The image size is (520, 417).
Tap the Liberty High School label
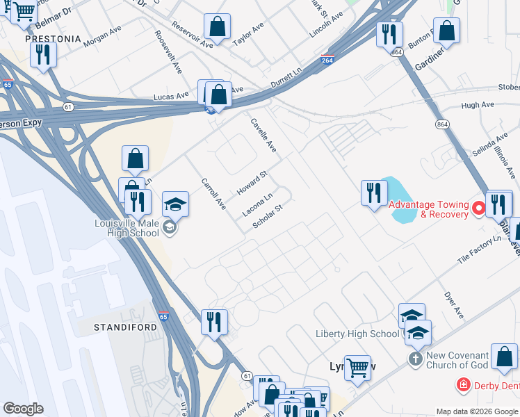tap(357, 334)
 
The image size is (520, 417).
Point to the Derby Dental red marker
tap(462, 384)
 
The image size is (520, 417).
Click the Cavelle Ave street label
tap(263, 136)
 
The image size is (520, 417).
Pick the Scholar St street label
tap(268, 217)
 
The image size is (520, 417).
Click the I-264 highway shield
tap(328, 60)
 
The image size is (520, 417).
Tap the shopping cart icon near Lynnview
tap(357, 366)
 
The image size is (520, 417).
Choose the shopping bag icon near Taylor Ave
tap(218, 27)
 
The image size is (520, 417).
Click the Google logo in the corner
tap(23, 409)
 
